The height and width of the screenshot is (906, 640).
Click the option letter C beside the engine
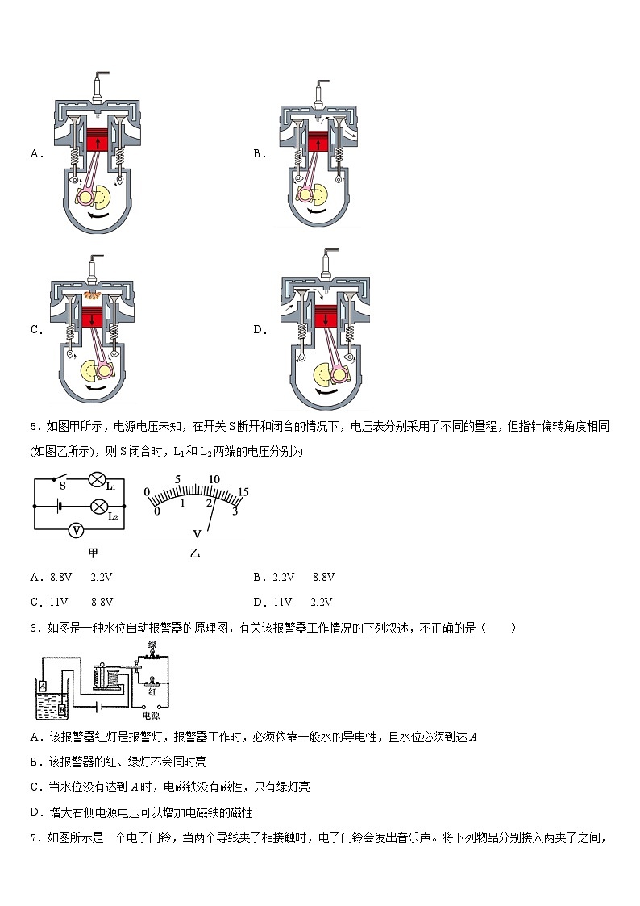click(35, 329)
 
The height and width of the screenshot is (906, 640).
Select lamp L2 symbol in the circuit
click(98, 507)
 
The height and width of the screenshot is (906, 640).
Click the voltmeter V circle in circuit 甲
click(75, 530)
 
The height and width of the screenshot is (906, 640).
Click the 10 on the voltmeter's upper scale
click(214, 479)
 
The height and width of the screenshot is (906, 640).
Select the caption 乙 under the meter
click(194, 553)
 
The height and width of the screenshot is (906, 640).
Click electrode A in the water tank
click(43, 685)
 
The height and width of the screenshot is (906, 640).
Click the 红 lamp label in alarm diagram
click(151, 691)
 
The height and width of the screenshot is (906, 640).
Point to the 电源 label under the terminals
click(151, 715)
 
